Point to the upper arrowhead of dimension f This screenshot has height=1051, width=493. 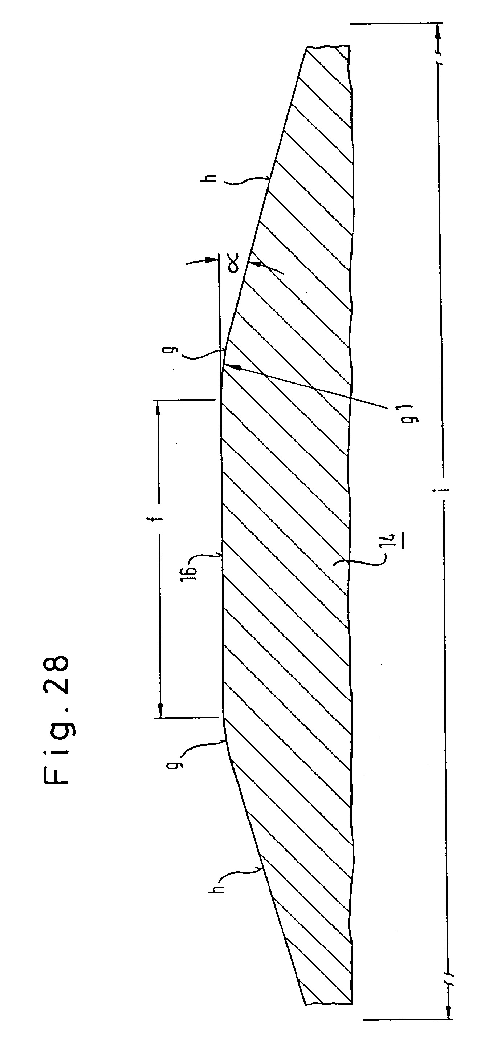(158, 408)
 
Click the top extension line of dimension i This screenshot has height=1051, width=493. (396, 23)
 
